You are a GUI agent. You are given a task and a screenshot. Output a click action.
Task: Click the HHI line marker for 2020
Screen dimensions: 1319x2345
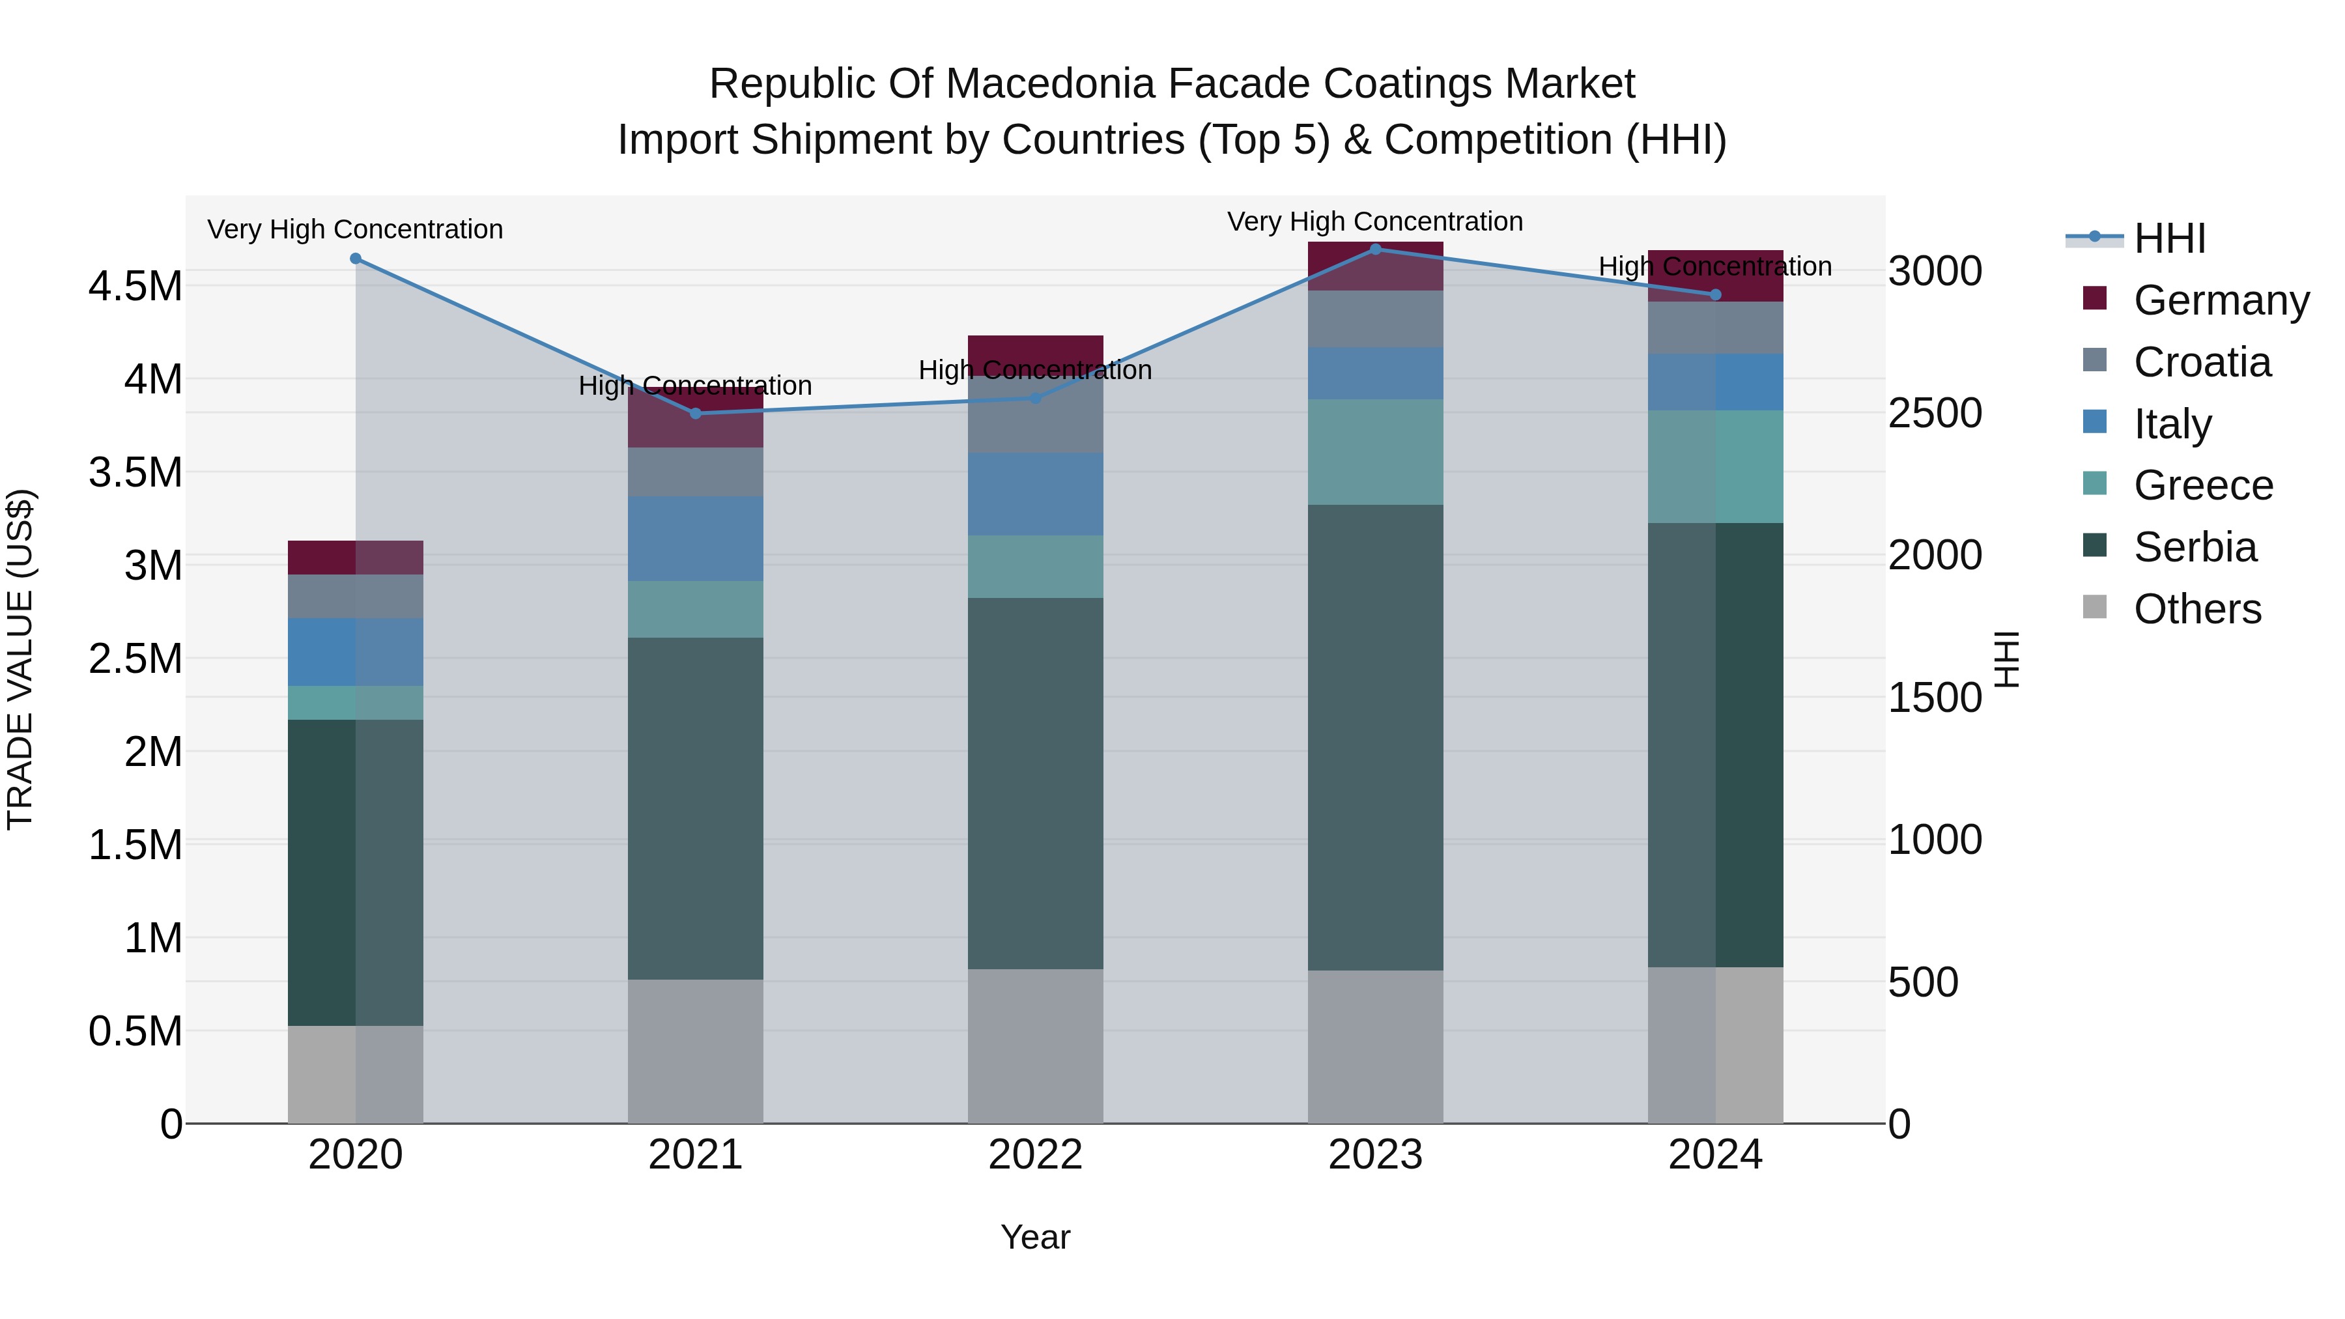point(356,259)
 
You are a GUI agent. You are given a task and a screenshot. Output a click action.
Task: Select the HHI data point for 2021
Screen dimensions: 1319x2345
point(696,413)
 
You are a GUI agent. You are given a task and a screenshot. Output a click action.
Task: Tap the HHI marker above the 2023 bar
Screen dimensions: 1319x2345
point(1376,249)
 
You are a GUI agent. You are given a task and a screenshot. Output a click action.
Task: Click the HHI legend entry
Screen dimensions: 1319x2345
point(2168,238)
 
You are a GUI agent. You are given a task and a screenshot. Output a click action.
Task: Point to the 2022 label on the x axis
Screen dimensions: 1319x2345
point(1035,1154)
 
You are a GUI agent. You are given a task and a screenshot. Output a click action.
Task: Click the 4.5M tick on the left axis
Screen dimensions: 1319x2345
point(135,286)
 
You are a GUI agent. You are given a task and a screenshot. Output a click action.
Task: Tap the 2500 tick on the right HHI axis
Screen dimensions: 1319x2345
point(1935,413)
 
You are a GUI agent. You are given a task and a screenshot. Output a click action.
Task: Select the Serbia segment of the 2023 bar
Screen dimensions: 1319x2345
point(1376,737)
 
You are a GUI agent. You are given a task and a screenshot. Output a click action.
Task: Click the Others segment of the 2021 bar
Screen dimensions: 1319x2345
point(696,1051)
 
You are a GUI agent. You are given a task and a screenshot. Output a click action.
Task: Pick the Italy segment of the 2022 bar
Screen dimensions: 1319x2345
point(1035,494)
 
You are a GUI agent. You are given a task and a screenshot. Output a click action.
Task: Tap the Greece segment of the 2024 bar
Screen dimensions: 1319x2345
point(1715,466)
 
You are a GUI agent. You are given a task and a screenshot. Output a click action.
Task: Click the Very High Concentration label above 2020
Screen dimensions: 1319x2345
point(355,229)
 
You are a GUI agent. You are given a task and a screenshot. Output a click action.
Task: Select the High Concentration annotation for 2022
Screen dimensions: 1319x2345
point(1035,371)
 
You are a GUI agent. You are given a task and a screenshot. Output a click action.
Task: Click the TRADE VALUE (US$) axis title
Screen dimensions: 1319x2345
point(20,659)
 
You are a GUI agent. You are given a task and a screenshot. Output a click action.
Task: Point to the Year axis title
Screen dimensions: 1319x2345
point(1035,1237)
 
